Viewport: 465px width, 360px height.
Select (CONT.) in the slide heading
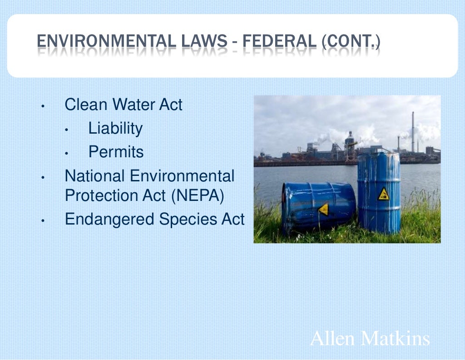(351, 41)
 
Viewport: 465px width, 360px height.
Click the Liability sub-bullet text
(115, 129)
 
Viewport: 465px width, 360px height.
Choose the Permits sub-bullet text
(116, 152)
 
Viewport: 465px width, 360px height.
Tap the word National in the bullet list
(94, 176)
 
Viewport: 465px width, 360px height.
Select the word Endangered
(110, 220)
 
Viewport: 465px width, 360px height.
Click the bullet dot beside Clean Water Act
(42, 106)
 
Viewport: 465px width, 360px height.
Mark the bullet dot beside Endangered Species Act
(42, 221)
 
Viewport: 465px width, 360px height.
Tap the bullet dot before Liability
(66, 130)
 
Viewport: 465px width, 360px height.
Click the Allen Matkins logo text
(370, 339)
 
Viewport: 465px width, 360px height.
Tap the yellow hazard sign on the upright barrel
(384, 194)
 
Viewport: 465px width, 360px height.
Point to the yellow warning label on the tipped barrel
(324, 209)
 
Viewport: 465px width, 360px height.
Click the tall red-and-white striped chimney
(413, 132)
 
